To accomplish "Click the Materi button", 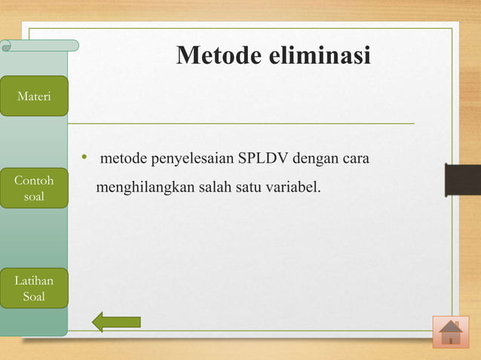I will tap(33, 96).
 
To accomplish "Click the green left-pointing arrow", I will tap(116, 322).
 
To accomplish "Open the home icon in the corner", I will tap(451, 332).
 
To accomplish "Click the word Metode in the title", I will tap(221, 56).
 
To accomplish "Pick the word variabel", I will tap(293, 185).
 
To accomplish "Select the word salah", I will tap(215, 185).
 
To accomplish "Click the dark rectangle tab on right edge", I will tap(462, 179).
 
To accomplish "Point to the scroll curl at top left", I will tap(8, 46).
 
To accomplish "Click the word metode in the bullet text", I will tap(124, 160).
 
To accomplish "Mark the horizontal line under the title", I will tap(241, 123).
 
